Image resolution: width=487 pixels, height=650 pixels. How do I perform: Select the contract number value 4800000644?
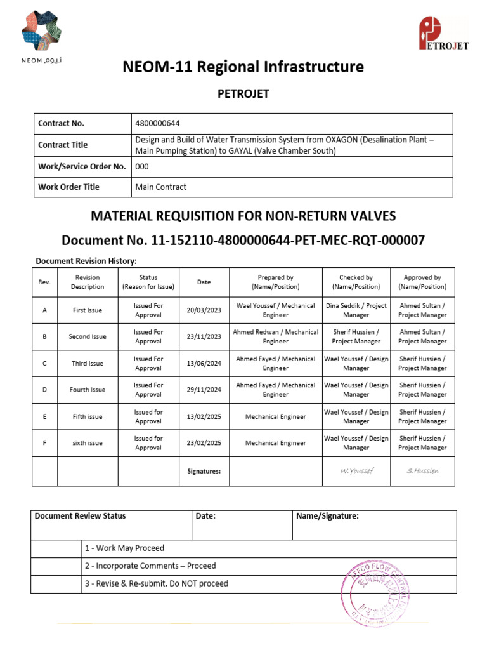[x=162, y=123]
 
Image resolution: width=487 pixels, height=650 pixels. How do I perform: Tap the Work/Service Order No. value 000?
[x=142, y=167]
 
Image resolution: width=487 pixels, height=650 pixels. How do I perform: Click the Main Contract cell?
[x=161, y=187]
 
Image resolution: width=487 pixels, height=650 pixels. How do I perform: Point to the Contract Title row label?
[x=63, y=145]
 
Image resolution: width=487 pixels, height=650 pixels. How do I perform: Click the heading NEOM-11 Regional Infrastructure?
[x=243, y=67]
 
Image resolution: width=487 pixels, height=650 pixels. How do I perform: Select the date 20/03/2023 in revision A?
[x=204, y=310]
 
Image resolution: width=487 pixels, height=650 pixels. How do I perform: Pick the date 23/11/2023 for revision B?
[x=204, y=336]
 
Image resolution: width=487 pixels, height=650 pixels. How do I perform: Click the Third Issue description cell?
[x=88, y=364]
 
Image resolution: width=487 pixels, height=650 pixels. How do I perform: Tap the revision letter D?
[x=44, y=390]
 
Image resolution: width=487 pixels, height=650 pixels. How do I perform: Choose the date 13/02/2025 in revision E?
[x=204, y=416]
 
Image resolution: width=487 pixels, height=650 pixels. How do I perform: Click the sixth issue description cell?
[x=88, y=443]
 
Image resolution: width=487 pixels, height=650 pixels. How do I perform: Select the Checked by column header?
[x=356, y=282]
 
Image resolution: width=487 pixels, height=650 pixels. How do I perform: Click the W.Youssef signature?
[x=356, y=470]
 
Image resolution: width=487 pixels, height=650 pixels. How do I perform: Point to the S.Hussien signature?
[x=422, y=470]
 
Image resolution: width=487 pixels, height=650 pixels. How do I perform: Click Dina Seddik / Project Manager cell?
[x=356, y=310]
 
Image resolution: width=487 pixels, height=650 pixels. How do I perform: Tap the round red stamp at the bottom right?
[x=377, y=593]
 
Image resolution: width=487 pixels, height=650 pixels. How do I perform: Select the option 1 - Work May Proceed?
[x=124, y=548]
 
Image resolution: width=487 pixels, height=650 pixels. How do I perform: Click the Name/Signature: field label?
[x=327, y=516]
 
